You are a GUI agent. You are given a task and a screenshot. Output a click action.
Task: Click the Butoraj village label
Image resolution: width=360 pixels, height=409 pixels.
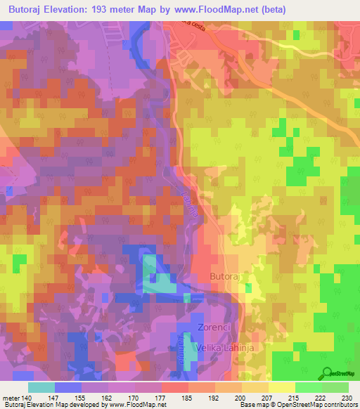point(226,277)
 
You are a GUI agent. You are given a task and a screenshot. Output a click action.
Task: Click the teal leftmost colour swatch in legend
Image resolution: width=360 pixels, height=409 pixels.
point(41,387)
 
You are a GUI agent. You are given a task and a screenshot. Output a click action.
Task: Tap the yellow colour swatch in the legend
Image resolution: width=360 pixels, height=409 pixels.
point(281,387)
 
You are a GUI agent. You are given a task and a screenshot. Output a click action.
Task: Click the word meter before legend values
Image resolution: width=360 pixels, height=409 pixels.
point(10,397)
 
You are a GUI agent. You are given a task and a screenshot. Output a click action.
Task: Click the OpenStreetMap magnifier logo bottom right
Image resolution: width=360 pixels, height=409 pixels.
point(327,373)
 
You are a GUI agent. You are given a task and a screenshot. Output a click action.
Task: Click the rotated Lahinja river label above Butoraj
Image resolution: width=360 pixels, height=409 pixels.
point(188,209)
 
